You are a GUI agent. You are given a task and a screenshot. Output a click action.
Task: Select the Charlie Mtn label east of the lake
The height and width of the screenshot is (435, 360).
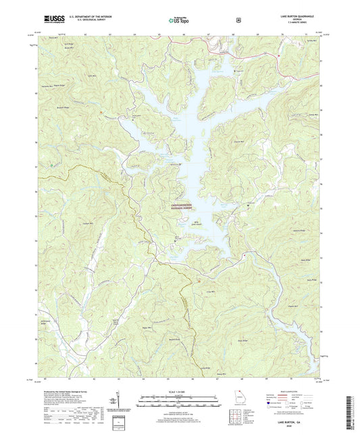pyautogui.click(x=238, y=140)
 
